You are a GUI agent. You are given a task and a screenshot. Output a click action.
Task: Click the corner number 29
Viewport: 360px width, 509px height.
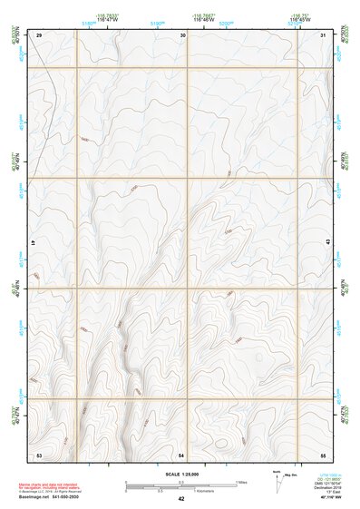(40, 34)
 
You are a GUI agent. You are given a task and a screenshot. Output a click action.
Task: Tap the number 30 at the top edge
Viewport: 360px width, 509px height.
(183, 34)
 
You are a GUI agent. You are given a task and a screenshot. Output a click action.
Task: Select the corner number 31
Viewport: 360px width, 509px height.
(325, 34)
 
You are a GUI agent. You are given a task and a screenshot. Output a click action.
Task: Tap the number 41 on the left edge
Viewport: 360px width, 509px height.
(32, 244)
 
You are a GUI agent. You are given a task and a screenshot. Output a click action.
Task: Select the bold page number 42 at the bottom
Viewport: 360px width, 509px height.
(181, 499)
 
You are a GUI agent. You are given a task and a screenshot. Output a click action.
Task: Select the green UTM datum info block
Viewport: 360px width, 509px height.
(327, 484)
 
